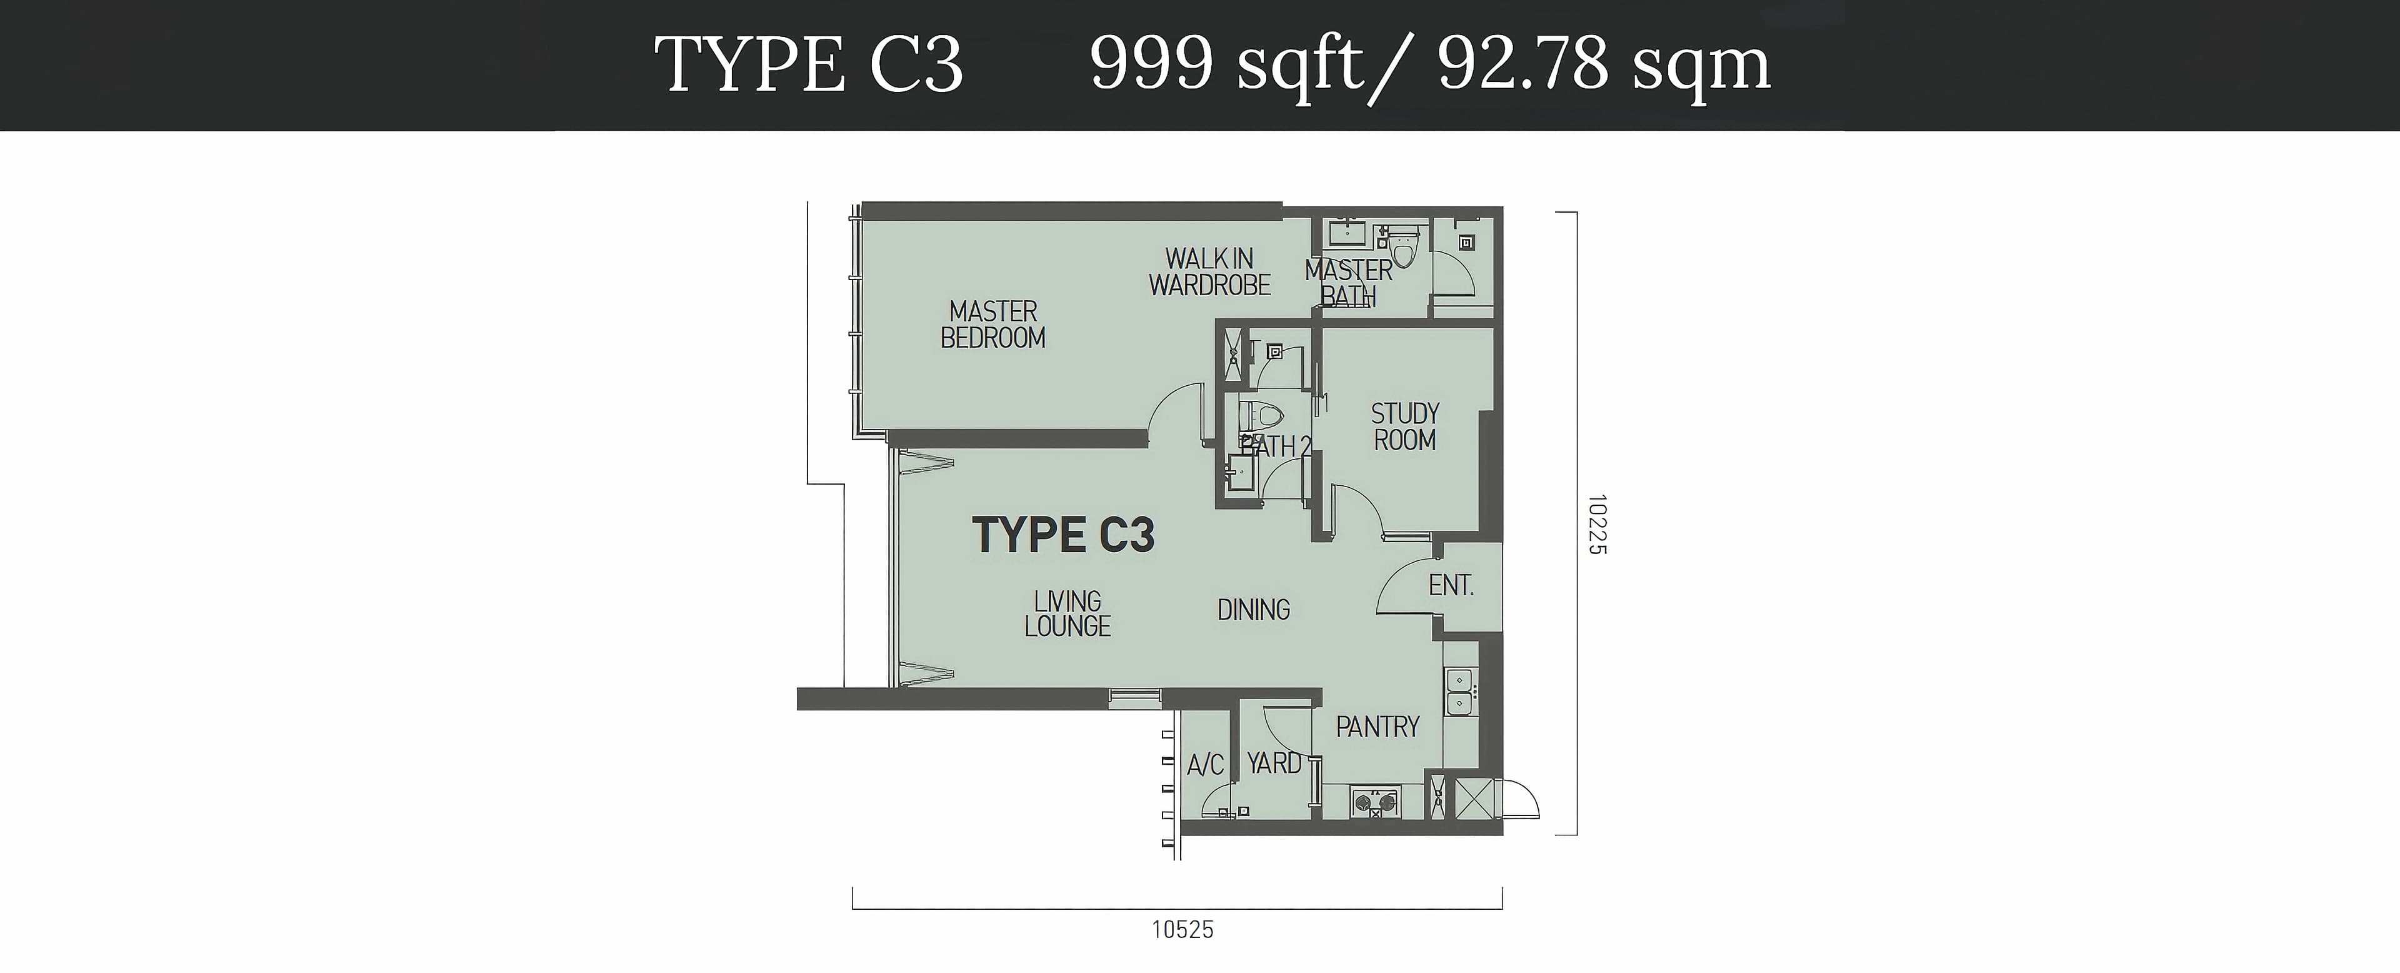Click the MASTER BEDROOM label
tap(993, 325)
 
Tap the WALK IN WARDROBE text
tap(1209, 271)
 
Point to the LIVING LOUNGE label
tap(1067, 613)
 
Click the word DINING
tap(1254, 610)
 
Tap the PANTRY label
tap(1378, 726)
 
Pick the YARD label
tap(1274, 764)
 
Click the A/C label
tap(1206, 765)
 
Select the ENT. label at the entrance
tap(1451, 585)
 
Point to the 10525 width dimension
tap(1182, 929)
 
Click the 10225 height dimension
tap(1598, 525)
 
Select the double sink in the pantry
tap(1459, 692)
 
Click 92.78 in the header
tap(1523, 64)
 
